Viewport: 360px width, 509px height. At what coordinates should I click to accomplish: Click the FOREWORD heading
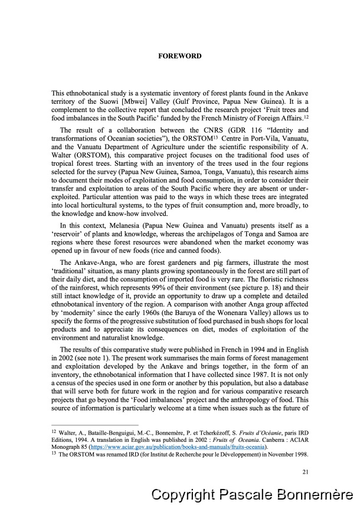(x=180, y=57)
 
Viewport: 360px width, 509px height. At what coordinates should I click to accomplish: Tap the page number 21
(x=305, y=471)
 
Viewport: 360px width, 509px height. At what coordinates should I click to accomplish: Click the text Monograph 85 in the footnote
(x=70, y=448)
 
